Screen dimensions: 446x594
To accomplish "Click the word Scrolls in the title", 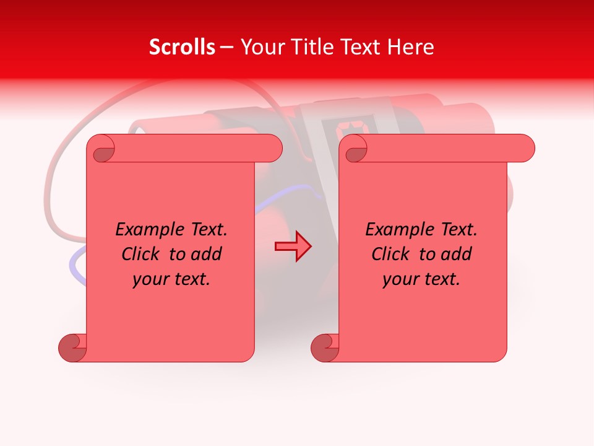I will pos(182,46).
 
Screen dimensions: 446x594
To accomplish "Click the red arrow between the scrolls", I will pos(293,246).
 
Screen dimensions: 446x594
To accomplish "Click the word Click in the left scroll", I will pos(142,254).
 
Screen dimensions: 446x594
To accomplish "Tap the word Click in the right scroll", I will pos(391,254).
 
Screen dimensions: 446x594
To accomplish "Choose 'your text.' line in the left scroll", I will pos(171,279).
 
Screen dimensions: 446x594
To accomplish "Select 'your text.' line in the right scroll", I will pos(421,279).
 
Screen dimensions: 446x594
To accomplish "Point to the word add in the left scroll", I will pos(207,254).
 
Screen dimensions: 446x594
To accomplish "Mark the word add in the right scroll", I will pos(457,254).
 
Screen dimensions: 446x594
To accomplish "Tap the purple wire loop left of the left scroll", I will pos(75,266).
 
